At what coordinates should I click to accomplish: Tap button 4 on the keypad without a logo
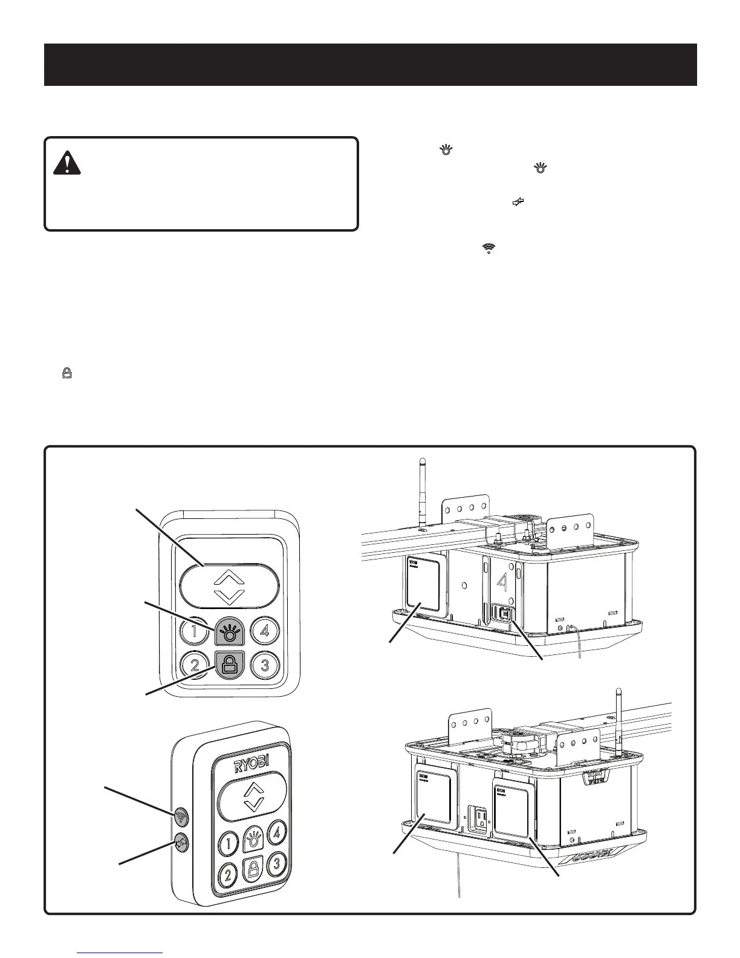265,631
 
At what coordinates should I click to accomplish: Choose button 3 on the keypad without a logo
265,665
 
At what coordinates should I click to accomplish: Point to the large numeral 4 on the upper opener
501,582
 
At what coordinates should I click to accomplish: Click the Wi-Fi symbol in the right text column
488,248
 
